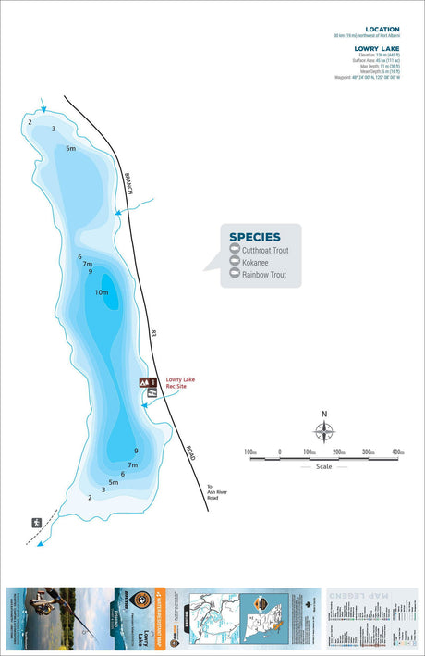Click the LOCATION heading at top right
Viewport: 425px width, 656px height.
382,30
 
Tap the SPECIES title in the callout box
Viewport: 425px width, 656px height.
254,237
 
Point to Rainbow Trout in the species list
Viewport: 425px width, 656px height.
264,276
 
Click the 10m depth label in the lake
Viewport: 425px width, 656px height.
102,292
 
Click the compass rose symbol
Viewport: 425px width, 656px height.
323,431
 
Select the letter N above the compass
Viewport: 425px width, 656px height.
323,414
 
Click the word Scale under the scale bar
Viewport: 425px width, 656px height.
323,466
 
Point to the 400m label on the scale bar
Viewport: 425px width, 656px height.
397,452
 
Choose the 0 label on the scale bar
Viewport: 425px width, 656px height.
279,452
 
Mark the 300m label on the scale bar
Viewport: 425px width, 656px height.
368,452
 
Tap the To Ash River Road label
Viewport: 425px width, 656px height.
214,492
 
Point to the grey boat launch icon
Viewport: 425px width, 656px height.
153,392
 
